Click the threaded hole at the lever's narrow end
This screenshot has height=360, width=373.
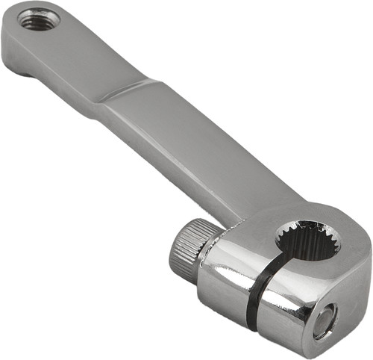[35, 19]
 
